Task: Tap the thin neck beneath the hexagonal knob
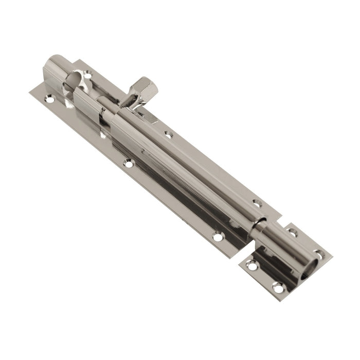coord(130,101)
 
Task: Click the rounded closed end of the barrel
coord(52,65)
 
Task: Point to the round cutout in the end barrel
coord(74,82)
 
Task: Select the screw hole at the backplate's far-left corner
coord(49,99)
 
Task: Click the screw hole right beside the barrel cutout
coord(88,75)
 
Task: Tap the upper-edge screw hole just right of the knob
coord(168,135)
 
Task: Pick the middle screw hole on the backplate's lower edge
coord(129,164)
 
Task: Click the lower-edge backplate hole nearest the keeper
coord(218,237)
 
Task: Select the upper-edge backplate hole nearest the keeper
coord(257,203)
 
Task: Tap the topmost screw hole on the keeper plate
coord(292,232)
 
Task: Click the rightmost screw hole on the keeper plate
coord(319,254)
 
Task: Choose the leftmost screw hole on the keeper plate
coord(251,265)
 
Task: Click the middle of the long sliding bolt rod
coord(175,159)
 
